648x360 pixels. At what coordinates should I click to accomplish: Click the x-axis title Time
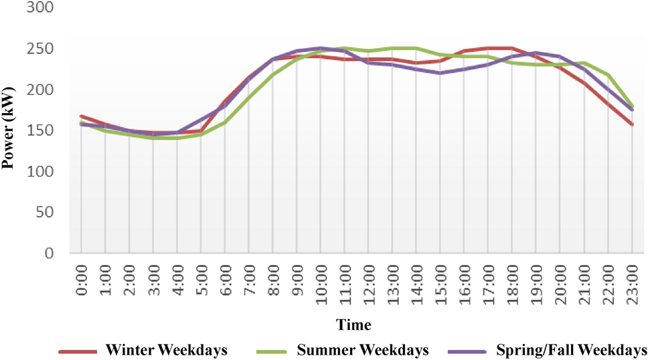pos(353,325)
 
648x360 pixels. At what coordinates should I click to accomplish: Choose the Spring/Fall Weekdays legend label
pos(571,350)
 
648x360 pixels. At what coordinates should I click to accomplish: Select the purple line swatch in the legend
pos(473,350)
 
